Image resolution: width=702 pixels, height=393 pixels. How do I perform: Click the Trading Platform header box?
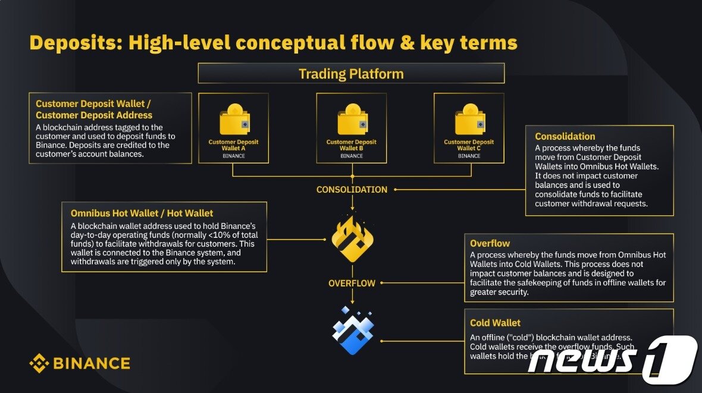pos(351,74)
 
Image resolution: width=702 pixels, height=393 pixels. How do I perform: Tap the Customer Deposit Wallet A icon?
pos(234,121)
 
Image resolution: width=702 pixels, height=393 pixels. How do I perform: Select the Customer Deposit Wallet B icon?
pos(352,121)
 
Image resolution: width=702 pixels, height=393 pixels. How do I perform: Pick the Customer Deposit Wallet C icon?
pos(470,121)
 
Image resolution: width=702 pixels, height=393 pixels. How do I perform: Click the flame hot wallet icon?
pos(352,240)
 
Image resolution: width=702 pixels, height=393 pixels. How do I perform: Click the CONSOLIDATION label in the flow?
pos(352,190)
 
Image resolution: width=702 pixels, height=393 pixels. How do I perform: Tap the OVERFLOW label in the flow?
pos(352,283)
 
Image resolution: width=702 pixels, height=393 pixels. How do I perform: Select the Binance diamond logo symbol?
pos(39,363)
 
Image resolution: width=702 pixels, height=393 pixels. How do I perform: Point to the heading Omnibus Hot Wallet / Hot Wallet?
pos(142,213)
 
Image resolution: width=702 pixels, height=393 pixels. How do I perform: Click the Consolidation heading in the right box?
pos(565,136)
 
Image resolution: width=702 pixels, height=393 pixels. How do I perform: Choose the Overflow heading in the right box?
pos(490,243)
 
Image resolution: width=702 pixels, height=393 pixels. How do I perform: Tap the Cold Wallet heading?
pos(495,323)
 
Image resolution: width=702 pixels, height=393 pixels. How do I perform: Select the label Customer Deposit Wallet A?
pos(233,145)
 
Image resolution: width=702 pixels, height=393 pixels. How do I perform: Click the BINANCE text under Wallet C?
pos(469,156)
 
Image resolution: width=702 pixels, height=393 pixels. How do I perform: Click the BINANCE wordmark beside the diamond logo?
pos(91,363)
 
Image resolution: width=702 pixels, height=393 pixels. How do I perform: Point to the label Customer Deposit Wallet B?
pos(352,145)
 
